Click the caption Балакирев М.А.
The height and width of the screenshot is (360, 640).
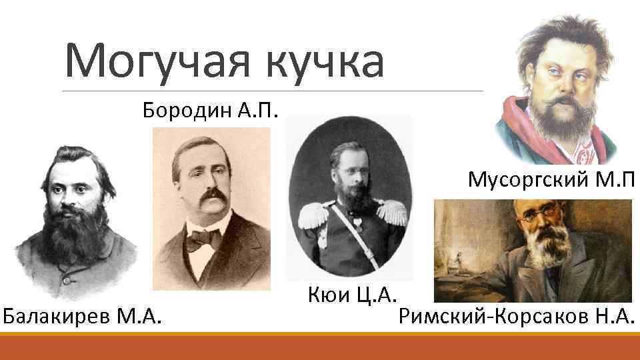tap(83, 315)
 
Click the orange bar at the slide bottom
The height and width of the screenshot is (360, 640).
tap(320, 346)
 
